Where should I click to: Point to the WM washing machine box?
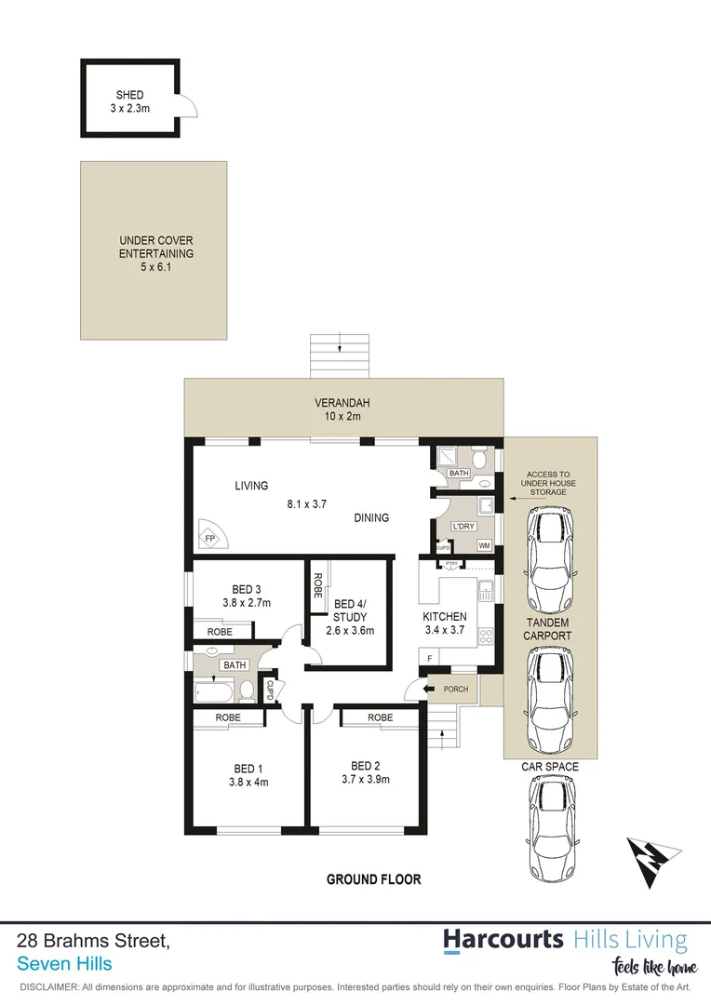click(x=484, y=545)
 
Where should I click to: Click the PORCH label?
click(x=455, y=689)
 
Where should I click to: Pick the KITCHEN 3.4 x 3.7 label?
click(x=445, y=623)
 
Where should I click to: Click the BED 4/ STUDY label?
click(x=350, y=616)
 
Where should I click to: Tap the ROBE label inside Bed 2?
click(x=380, y=717)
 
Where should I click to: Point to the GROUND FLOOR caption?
click(x=373, y=879)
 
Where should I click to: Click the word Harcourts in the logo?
click(x=503, y=939)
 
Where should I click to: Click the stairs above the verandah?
click(x=342, y=355)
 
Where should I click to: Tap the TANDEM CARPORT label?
click(x=546, y=629)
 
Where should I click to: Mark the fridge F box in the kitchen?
click(x=429, y=659)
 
